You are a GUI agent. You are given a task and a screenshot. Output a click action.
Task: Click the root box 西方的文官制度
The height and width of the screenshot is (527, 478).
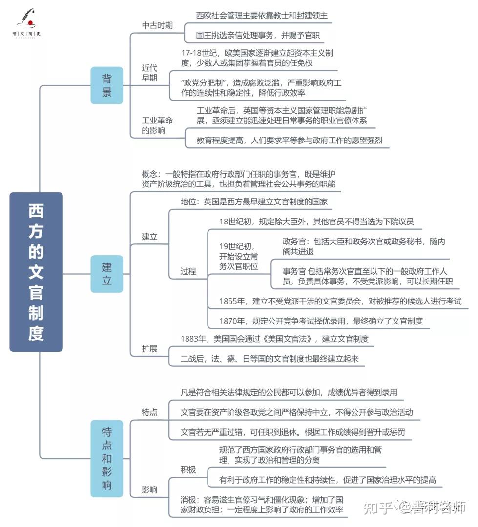36,272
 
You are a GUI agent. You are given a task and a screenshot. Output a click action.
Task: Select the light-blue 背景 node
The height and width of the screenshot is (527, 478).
106,85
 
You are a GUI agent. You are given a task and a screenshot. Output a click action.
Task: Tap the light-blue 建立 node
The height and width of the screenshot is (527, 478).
106,274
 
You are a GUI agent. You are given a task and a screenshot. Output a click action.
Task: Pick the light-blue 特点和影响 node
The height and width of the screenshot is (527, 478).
106,458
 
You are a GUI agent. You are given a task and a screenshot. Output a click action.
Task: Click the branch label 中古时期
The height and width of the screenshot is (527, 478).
157,25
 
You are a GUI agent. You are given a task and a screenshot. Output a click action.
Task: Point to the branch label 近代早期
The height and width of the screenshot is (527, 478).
149,73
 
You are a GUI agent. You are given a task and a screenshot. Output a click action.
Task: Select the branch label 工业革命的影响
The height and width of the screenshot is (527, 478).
157,125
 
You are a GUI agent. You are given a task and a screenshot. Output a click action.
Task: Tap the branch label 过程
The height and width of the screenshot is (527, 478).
188,271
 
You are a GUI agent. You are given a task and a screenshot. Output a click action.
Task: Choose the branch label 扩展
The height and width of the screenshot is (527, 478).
149,348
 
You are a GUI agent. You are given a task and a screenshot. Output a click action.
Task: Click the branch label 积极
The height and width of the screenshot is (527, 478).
188,469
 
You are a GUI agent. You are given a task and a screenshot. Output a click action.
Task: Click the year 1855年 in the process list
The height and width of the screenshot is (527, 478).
232,301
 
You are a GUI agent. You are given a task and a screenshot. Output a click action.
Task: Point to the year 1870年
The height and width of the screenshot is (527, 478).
232,321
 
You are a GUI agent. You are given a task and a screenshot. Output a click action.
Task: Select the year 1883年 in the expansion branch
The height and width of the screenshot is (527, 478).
193,339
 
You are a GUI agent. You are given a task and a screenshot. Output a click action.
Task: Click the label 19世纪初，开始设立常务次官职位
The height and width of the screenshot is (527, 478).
238,257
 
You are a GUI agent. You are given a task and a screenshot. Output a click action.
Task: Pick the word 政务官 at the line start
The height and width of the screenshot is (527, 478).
293,242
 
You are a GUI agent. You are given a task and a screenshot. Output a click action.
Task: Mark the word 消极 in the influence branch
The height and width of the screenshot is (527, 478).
188,500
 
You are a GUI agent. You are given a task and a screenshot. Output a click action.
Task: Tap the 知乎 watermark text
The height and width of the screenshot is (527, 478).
378,507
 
